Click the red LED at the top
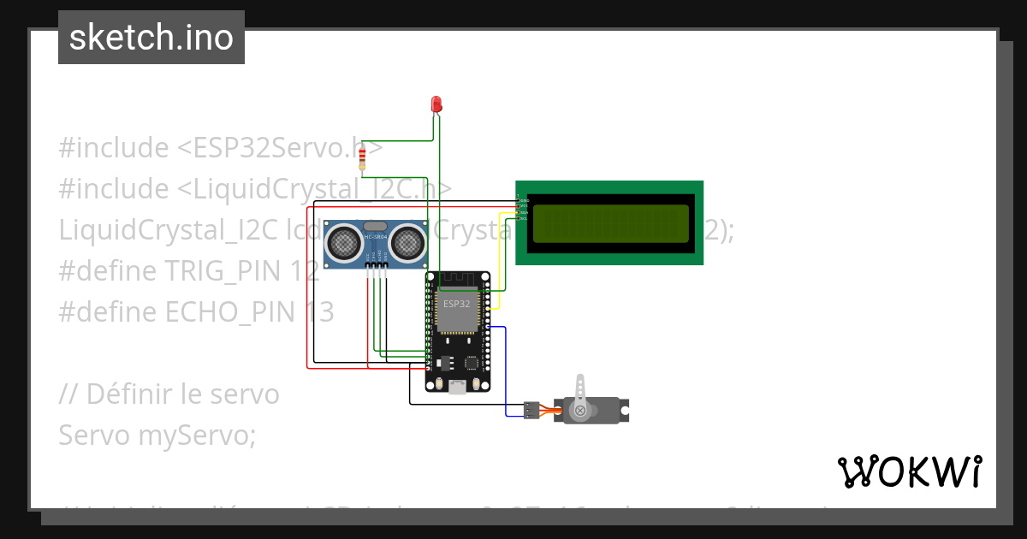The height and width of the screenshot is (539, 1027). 436,104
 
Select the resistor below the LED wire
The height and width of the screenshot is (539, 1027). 363,158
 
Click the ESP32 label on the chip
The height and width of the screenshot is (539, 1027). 456,304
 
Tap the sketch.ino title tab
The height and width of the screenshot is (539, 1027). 151,38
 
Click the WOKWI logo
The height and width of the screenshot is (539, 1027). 909,471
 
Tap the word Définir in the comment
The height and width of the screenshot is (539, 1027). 135,394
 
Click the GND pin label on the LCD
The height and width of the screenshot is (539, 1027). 524,200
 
